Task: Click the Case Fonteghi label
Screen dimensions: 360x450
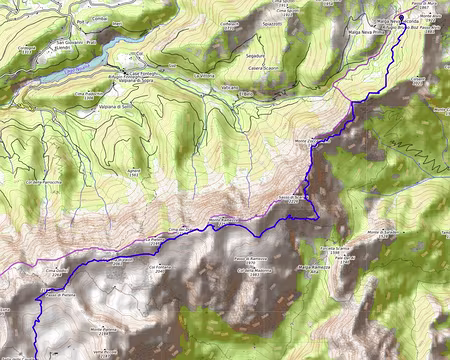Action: (140, 72)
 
